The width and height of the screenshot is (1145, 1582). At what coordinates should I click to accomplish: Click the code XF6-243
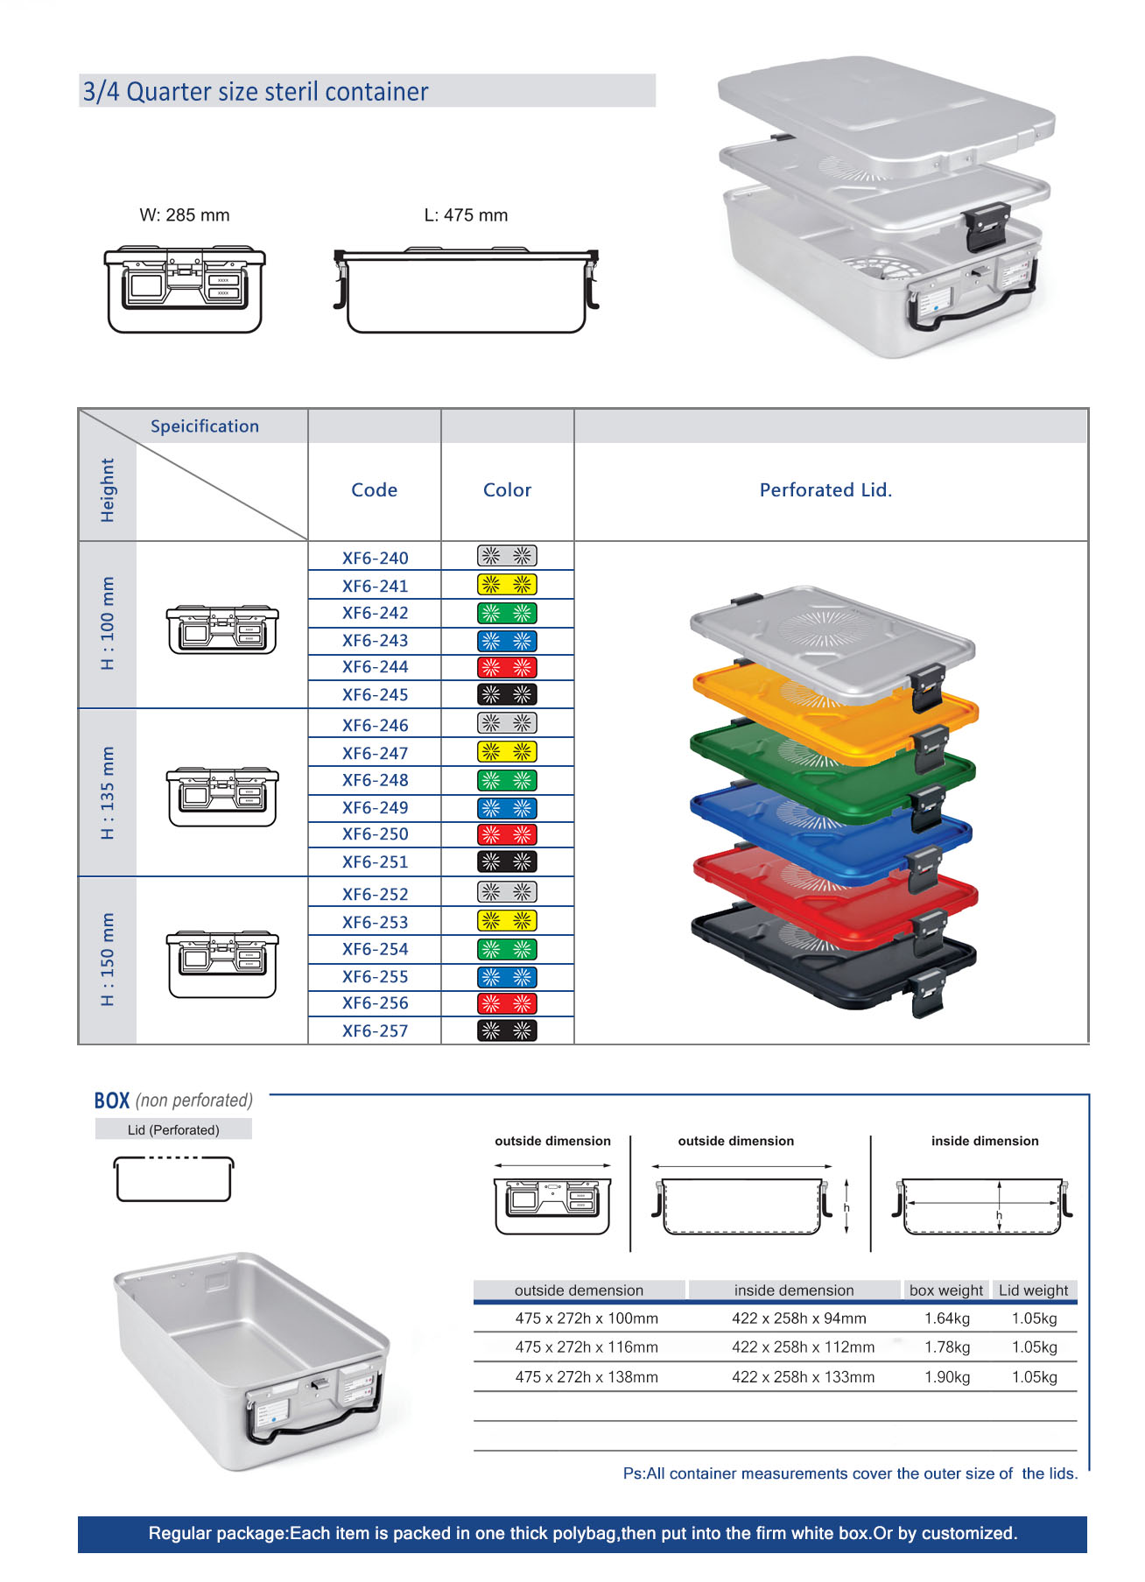point(375,640)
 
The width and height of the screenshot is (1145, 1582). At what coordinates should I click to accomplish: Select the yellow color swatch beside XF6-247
point(507,751)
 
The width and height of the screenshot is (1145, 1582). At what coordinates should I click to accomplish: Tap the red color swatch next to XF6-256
point(507,1003)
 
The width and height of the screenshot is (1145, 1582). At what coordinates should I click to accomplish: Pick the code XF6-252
point(375,894)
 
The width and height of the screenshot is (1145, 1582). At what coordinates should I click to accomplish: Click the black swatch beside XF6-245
point(507,694)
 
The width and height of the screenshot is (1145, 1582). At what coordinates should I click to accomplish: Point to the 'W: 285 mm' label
point(185,215)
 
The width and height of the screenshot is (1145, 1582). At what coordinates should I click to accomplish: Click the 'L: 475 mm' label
point(466,215)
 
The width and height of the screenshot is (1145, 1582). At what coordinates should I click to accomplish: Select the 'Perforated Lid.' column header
point(825,490)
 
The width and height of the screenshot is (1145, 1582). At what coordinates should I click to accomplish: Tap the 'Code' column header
point(374,490)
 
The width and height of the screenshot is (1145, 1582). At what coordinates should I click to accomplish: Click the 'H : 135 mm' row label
point(108,793)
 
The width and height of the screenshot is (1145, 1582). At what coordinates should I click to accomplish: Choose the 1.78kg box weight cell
point(947,1347)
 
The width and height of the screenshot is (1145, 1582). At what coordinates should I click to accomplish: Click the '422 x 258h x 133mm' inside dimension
point(803,1377)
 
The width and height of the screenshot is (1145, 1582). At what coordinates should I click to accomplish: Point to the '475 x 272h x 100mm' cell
point(587,1318)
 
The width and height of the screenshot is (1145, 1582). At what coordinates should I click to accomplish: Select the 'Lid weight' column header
point(1033,1290)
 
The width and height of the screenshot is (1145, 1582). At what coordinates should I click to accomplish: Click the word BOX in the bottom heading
point(112,1100)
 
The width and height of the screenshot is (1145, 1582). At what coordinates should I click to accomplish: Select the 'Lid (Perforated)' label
point(173,1130)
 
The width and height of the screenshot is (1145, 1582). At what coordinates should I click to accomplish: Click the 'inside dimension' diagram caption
point(985,1141)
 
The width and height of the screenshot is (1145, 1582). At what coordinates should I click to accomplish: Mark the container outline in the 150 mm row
point(222,964)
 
